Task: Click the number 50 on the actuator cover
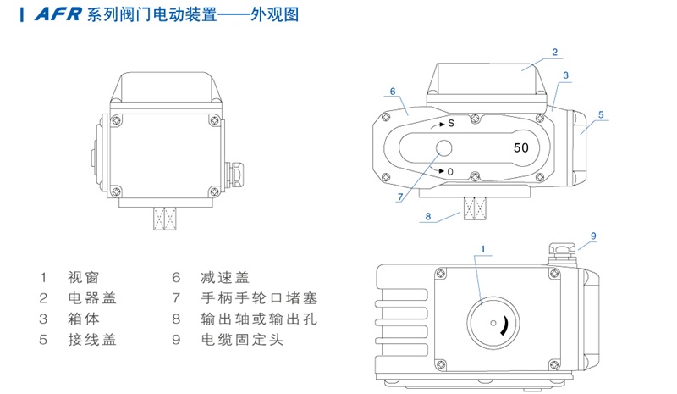tap(521, 147)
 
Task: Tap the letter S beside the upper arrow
tap(451, 124)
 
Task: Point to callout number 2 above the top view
tap(554, 52)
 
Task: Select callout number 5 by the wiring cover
tap(600, 114)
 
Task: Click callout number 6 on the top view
tap(394, 91)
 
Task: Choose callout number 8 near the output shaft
tap(428, 217)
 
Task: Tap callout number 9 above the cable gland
tap(593, 235)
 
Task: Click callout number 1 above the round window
tap(483, 248)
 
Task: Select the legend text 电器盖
tap(92, 298)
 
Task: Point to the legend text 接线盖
tap(92, 341)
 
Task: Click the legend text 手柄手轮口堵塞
tap(258, 298)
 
